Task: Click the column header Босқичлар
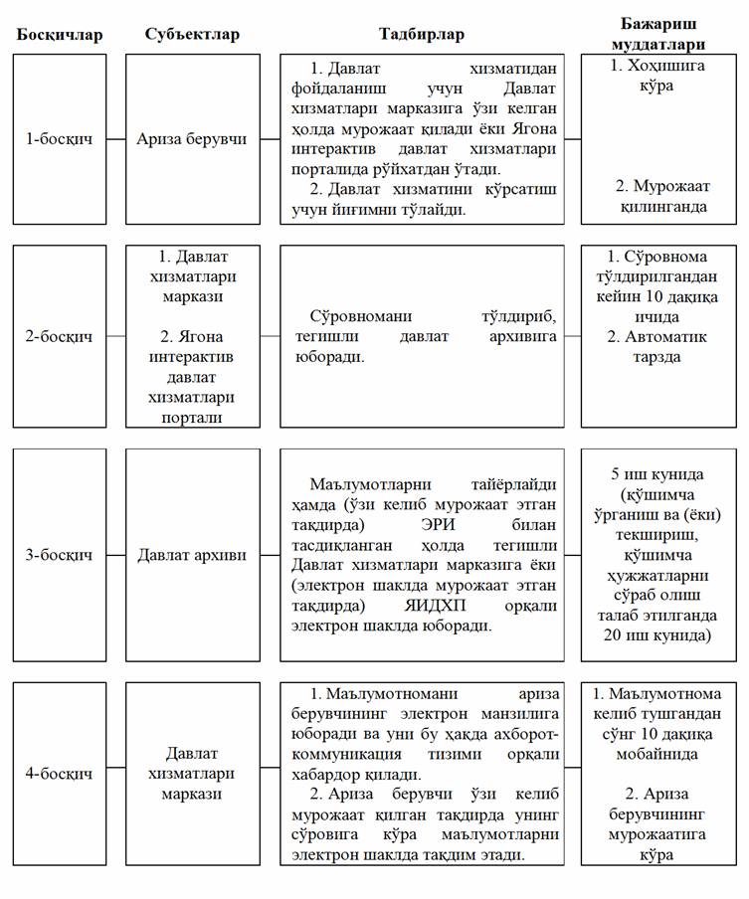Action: (59, 35)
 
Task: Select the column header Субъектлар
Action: (192, 35)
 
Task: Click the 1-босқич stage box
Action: (59, 138)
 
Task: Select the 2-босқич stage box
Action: (59, 336)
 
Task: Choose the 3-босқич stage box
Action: (59, 554)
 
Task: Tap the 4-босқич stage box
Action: (59, 773)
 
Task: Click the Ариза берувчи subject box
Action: (192, 138)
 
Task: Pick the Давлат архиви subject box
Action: (192, 554)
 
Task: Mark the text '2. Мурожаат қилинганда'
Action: (660, 196)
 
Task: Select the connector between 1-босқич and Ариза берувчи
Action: (115, 138)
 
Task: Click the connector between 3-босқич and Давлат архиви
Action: (115, 554)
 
